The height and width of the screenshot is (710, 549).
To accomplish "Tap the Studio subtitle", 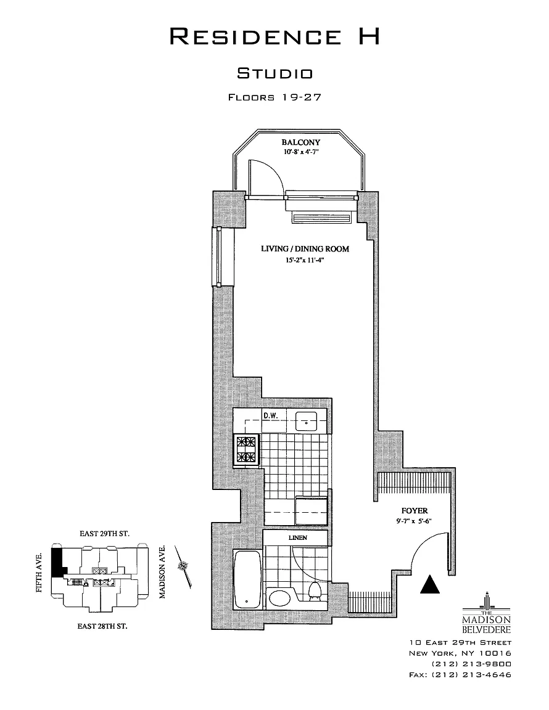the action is pyautogui.click(x=275, y=74).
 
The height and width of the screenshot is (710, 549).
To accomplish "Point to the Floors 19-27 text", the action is pyautogui.click(x=275, y=97).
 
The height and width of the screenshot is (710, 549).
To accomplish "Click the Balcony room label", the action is pyautogui.click(x=301, y=142).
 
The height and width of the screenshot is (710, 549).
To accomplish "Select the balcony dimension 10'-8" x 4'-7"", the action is pyautogui.click(x=301, y=151).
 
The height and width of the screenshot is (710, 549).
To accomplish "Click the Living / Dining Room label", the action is pyautogui.click(x=305, y=249).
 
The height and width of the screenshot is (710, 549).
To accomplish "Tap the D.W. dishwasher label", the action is pyautogui.click(x=270, y=415).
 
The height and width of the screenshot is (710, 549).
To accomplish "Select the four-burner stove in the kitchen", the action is pyautogui.click(x=247, y=449).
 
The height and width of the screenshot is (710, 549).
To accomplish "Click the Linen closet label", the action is pyautogui.click(x=297, y=538).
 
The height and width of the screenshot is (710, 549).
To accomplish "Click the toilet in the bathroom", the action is pyautogui.click(x=315, y=590).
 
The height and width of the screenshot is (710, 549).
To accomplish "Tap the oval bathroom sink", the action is pyautogui.click(x=283, y=598).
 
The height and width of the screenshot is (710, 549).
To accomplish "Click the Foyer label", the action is pyautogui.click(x=415, y=511).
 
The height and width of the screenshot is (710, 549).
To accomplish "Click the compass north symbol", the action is pyautogui.click(x=183, y=566).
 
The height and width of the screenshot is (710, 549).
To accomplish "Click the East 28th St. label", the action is pyautogui.click(x=102, y=626).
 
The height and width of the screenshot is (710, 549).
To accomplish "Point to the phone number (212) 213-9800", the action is pyautogui.click(x=471, y=664).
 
